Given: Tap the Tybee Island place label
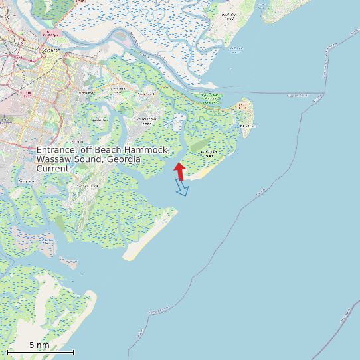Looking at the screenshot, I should (247, 125).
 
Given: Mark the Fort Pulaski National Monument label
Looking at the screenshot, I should (211, 98).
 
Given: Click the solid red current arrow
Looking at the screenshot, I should (179, 170).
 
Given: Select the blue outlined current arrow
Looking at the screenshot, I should (182, 189).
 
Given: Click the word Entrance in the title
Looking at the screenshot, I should (57, 151).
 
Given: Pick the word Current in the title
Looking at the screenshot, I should (52, 169).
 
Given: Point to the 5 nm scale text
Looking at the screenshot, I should (39, 345).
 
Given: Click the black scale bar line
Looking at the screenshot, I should (40, 352).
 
